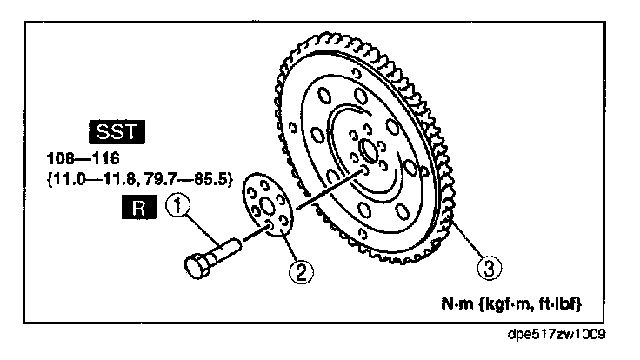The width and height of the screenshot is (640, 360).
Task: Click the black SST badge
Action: pos(117,133)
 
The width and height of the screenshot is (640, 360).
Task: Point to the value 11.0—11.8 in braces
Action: pos(92,183)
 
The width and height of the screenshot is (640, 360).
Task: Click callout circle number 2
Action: pos(301,272)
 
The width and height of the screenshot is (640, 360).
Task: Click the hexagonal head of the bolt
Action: pos(196,262)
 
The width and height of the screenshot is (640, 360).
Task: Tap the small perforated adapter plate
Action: pos(265,206)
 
